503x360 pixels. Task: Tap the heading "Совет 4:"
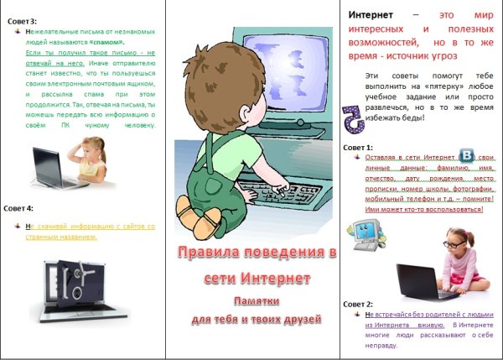pyautogui.click(x=18, y=207)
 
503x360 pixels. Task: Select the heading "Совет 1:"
pyautogui.click(x=359, y=147)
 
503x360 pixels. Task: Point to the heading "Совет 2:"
pyautogui.click(x=359, y=304)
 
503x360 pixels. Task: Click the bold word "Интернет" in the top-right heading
pyautogui.click(x=371, y=16)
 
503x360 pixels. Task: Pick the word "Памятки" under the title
pyautogui.click(x=252, y=300)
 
